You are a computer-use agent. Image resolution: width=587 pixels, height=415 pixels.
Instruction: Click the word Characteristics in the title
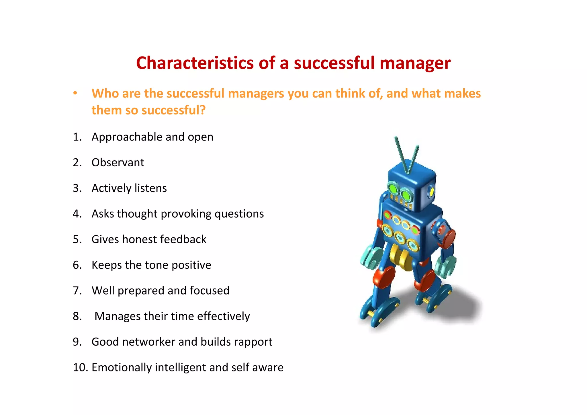pyautogui.click(x=195, y=63)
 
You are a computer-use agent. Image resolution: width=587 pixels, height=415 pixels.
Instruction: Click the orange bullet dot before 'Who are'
pyautogui.click(x=75, y=93)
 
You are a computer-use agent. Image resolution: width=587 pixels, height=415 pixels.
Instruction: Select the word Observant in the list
pyautogui.click(x=118, y=163)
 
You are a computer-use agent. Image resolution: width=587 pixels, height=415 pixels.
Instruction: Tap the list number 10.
pyautogui.click(x=80, y=367)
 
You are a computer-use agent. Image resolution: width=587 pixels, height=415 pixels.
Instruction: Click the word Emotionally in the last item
pyautogui.click(x=121, y=368)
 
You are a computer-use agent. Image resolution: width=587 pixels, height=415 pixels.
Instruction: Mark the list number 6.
pyautogui.click(x=77, y=265)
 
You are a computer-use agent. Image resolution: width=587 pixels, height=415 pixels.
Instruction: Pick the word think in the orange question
pyautogui.click(x=350, y=93)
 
